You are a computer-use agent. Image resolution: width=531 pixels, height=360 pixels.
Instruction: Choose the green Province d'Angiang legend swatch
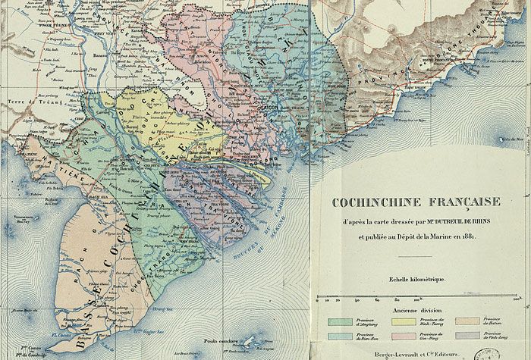(338, 321)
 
